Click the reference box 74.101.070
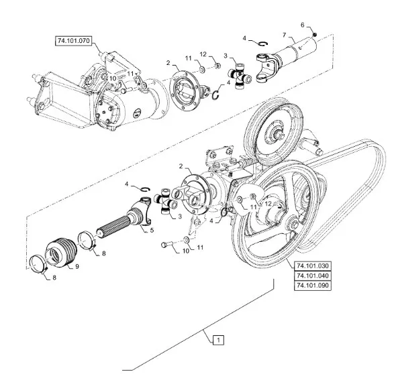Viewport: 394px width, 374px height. tap(73, 41)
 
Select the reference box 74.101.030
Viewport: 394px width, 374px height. tap(313, 265)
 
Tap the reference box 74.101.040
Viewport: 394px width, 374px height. tap(313, 275)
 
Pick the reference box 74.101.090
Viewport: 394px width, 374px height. tap(313, 286)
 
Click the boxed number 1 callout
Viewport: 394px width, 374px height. tap(218, 340)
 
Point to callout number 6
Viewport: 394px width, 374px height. tap(302, 25)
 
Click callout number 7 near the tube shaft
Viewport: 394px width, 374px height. tap(284, 35)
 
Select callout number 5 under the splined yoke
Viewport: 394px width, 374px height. tap(152, 230)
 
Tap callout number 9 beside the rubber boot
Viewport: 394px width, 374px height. tap(77, 266)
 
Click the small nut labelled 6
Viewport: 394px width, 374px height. tap(314, 34)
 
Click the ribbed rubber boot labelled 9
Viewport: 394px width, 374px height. tap(61, 252)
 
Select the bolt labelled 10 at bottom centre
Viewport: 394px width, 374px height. tap(166, 244)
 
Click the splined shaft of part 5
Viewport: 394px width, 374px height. tap(113, 227)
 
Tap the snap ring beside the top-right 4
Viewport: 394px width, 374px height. tap(263, 44)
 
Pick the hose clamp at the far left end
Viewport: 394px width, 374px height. tap(38, 264)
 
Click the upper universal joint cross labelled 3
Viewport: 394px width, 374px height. tap(240, 76)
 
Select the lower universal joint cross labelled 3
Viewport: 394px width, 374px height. tap(166, 200)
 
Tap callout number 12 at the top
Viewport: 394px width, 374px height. tap(203, 54)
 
